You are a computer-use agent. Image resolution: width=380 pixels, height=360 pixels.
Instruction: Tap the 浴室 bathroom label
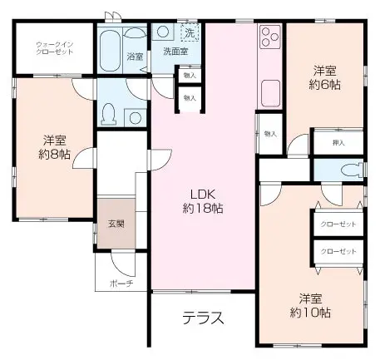135,57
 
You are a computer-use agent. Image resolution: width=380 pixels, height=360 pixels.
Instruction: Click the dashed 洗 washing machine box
190,34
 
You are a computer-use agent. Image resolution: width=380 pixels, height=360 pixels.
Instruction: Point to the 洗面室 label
174,52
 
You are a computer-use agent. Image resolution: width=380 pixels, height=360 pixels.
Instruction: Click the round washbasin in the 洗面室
163,32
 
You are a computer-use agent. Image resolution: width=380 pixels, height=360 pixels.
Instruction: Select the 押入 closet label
338,143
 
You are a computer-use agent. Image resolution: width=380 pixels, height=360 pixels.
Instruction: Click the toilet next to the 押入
350,169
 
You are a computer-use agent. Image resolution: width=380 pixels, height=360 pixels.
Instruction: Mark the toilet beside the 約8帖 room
108,112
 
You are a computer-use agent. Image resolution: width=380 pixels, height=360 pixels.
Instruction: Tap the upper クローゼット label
338,224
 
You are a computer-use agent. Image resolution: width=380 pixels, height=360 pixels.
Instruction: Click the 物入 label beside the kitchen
269,133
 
